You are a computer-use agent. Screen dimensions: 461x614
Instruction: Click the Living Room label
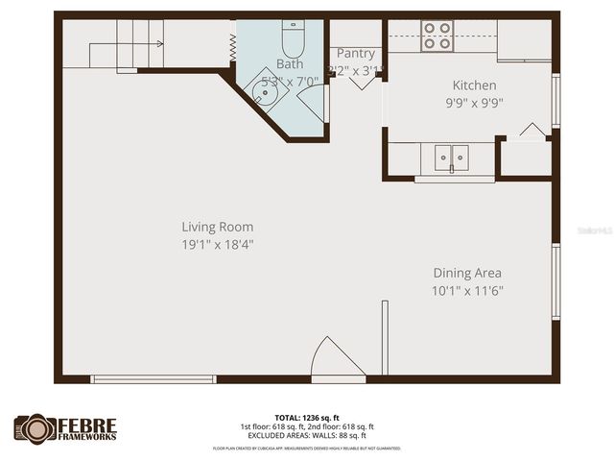pyautogui.click(x=218, y=228)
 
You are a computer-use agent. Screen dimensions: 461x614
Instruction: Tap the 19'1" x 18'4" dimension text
pyautogui.click(x=218, y=245)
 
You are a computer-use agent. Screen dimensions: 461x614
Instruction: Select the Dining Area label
pyautogui.click(x=467, y=273)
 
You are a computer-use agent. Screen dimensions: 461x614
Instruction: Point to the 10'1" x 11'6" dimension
pyautogui.click(x=467, y=290)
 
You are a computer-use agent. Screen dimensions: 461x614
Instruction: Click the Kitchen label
pyautogui.click(x=474, y=85)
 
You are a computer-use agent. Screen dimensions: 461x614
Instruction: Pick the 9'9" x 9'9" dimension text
pyautogui.click(x=474, y=103)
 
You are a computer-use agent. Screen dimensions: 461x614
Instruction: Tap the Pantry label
pyautogui.click(x=355, y=54)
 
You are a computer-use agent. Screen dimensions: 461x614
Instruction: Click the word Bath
pyautogui.click(x=290, y=63)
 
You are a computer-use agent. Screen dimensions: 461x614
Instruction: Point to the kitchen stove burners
pyautogui.click(x=437, y=36)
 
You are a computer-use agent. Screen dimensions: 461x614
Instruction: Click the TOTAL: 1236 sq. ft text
pyautogui.click(x=307, y=418)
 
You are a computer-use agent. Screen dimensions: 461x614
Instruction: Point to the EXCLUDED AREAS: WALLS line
pyautogui.click(x=307, y=435)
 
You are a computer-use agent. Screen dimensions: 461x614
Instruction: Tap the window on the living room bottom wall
pyautogui.click(x=153, y=379)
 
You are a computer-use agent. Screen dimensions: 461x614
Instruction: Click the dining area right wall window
pyautogui.click(x=555, y=278)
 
